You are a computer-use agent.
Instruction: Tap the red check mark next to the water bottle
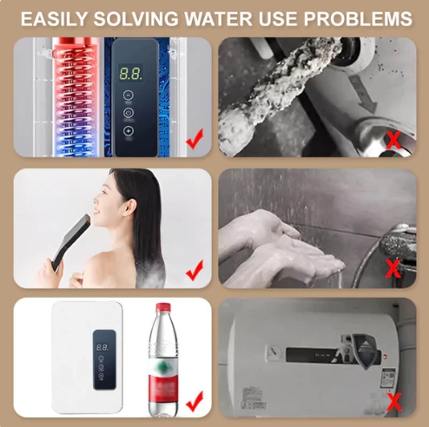tap(195, 400)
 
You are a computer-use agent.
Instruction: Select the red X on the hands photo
tap(393, 268)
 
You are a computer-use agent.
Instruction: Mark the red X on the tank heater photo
tap(393, 400)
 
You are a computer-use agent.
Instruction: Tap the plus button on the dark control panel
tap(129, 131)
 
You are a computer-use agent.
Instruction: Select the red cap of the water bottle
tap(163, 309)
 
